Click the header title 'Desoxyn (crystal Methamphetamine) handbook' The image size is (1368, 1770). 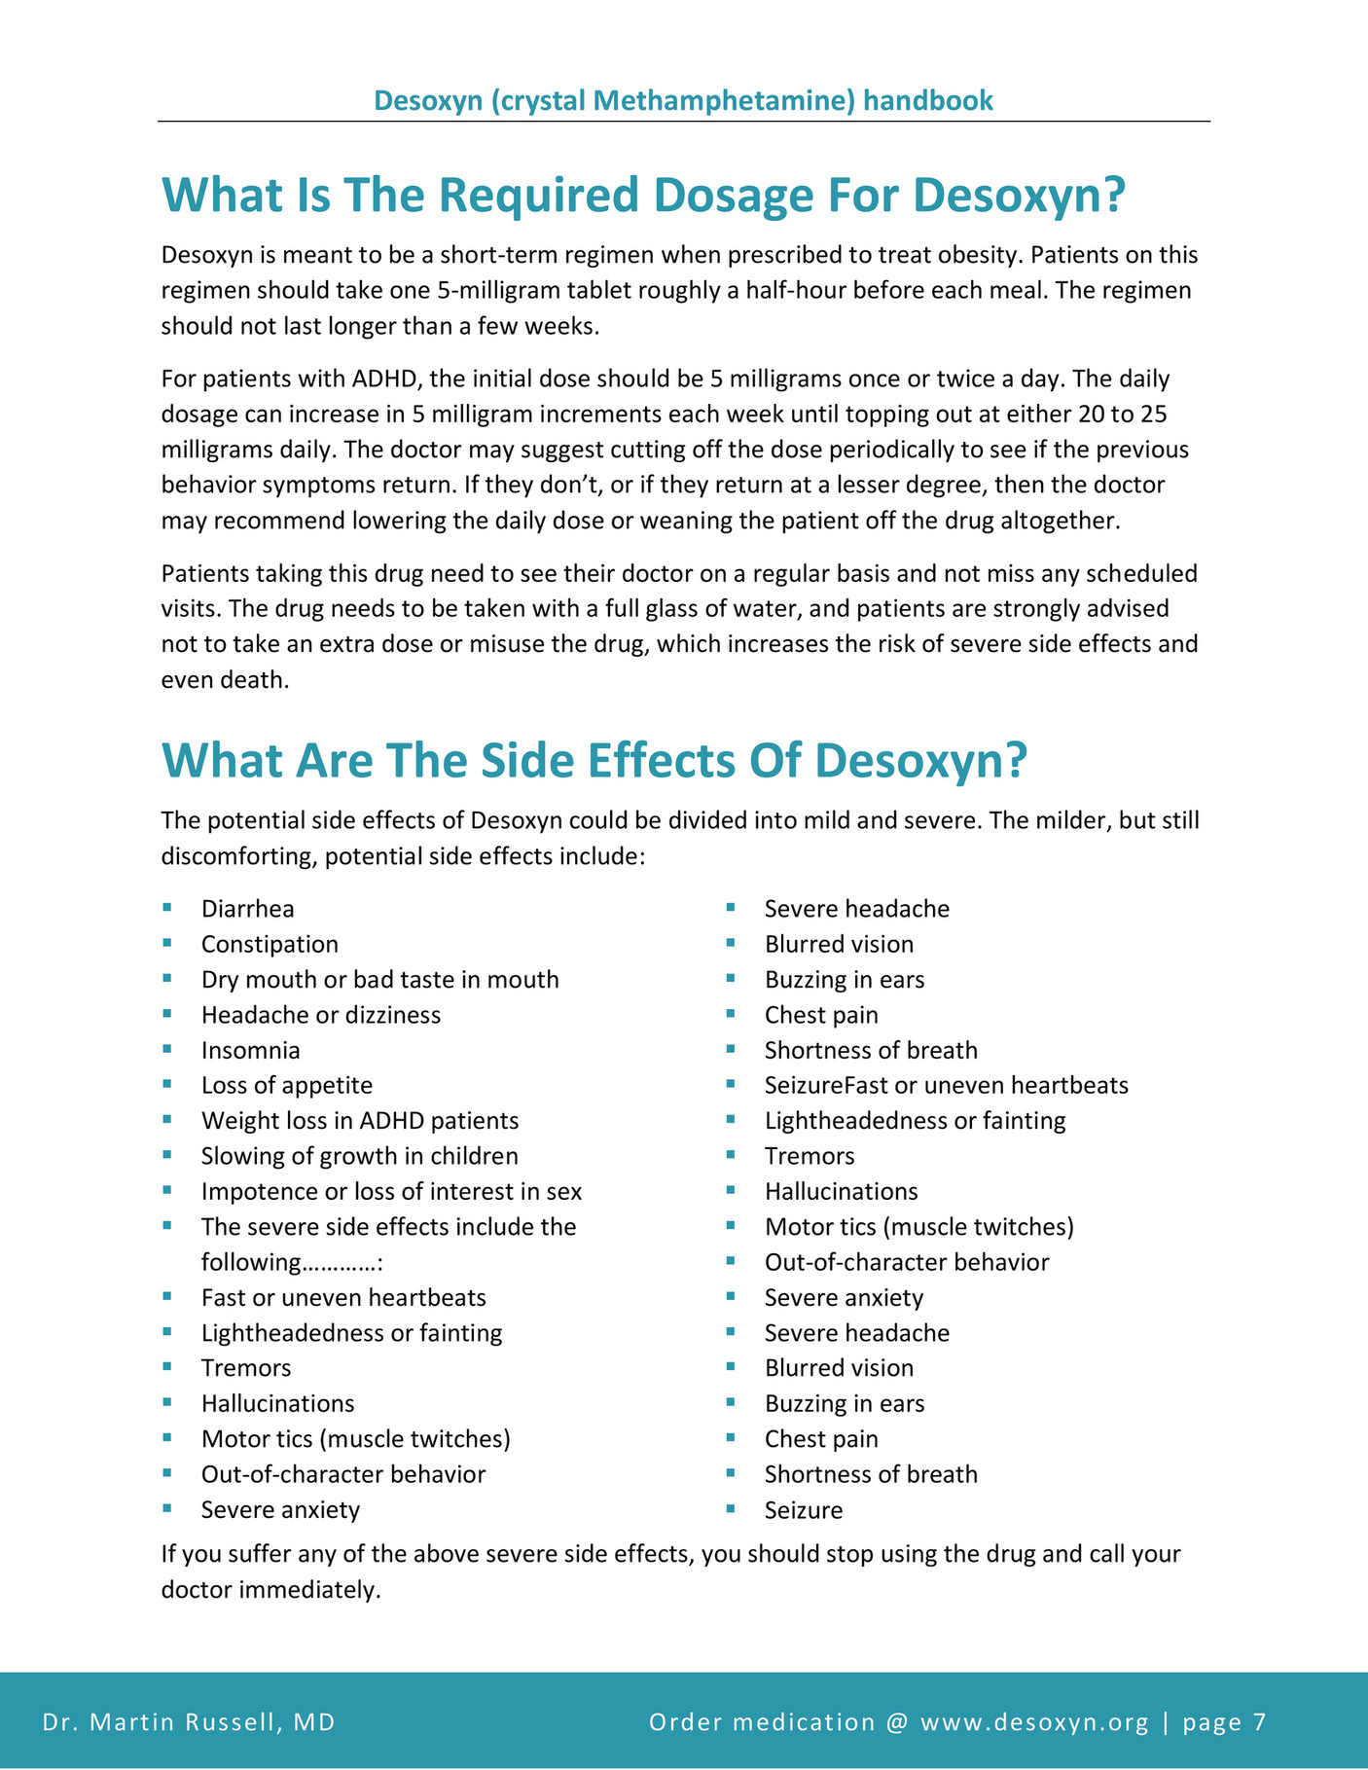[683, 100]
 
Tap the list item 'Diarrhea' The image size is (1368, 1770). [247, 909]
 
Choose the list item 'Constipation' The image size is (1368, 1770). [270, 944]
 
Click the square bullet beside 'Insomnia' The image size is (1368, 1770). [167, 1049]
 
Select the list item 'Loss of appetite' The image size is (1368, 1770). [286, 1085]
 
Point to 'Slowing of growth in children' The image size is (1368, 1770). [359, 1156]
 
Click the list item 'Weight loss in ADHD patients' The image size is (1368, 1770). [359, 1121]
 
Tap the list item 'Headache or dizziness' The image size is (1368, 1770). [320, 1015]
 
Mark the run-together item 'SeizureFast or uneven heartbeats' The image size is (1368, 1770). [946, 1085]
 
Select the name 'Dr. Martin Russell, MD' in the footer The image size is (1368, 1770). [189, 1722]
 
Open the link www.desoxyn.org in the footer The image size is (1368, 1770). [1034, 1722]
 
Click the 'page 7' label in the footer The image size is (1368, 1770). [1224, 1722]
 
